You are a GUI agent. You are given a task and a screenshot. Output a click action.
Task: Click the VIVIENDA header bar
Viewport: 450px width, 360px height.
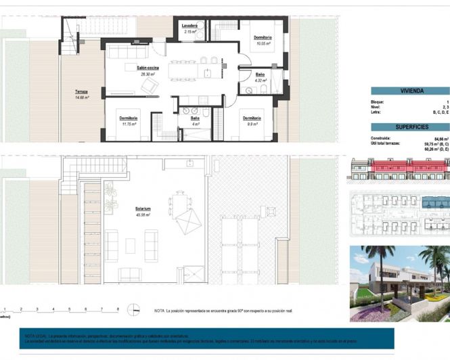pyautogui.click(x=411, y=89)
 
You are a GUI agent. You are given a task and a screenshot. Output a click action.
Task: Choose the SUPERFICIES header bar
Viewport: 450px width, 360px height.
pyautogui.click(x=411, y=127)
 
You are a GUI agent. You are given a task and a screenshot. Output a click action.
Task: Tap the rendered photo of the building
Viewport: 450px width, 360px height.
pyautogui.click(x=399, y=283)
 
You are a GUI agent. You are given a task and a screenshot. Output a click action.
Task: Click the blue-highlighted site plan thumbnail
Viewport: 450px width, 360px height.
pyautogui.click(x=399, y=213)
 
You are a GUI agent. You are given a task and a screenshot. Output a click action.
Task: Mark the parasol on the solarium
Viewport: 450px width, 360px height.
pyautogui.click(x=189, y=221)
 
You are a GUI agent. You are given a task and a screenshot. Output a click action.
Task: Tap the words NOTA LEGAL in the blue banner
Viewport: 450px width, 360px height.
pyautogui.click(x=35, y=336)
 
